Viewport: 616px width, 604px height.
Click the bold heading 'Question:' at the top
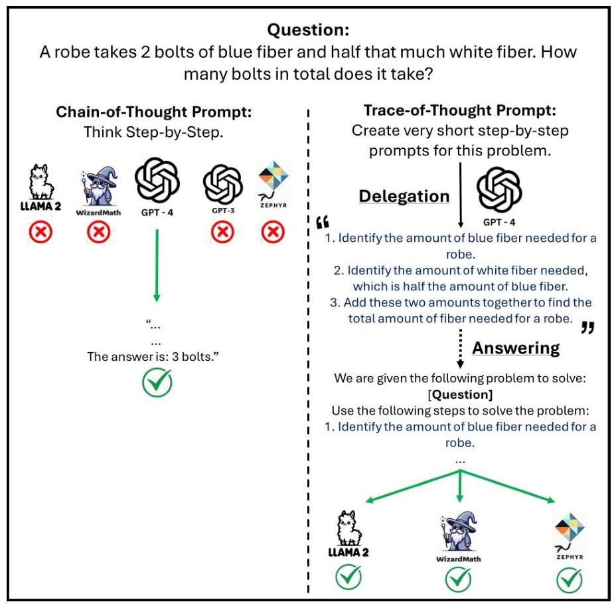[x=308, y=30]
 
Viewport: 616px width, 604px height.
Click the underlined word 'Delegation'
[x=404, y=196]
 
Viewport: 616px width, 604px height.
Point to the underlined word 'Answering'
[x=516, y=348]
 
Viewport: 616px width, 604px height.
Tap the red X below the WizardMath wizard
[x=100, y=233]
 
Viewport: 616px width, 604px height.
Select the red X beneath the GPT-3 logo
[x=222, y=233]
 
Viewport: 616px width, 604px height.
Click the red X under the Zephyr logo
[x=272, y=233]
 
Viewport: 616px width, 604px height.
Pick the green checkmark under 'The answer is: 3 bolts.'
[x=157, y=383]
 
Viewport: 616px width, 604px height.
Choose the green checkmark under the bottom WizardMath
[x=459, y=579]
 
